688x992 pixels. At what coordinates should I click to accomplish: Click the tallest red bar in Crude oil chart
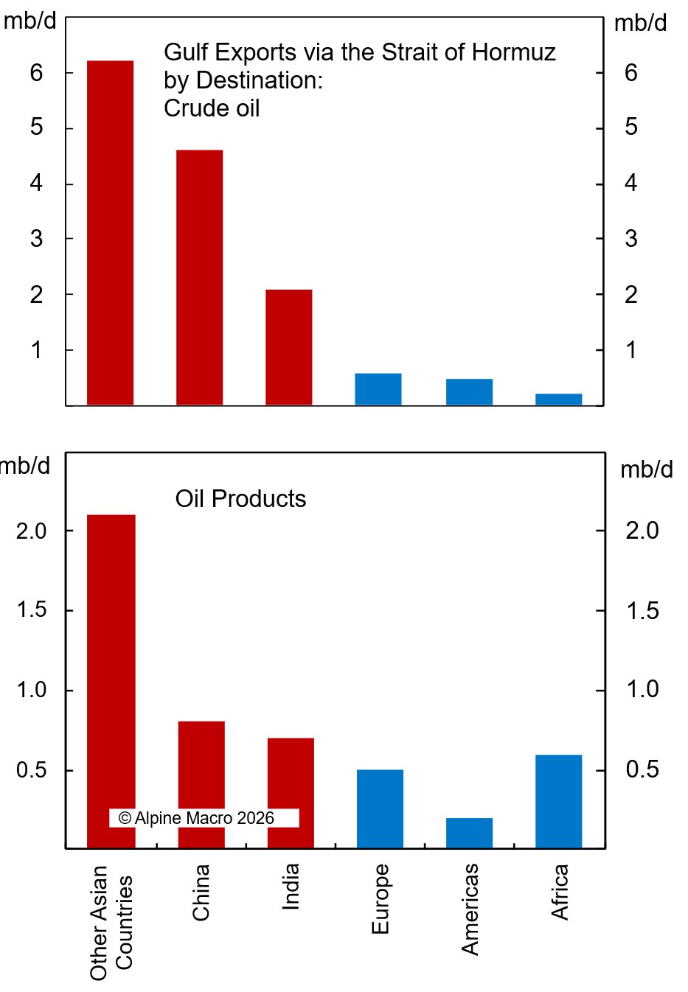click(x=110, y=232)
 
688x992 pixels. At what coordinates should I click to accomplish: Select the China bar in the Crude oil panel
click(x=199, y=277)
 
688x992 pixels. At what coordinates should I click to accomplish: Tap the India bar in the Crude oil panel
click(x=288, y=347)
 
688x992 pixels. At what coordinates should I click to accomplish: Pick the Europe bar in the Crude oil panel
click(x=378, y=389)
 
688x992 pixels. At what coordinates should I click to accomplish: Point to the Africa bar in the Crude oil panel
click(x=558, y=399)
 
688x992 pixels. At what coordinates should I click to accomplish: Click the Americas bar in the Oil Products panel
click(x=469, y=833)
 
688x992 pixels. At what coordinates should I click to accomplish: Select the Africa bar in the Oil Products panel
click(x=558, y=801)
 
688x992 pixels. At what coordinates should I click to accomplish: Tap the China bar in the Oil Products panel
click(x=201, y=784)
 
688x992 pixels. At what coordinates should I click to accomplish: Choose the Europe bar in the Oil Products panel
click(x=380, y=808)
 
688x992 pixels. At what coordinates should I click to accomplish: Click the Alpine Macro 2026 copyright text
click(x=196, y=818)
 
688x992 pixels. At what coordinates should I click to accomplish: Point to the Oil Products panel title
click(x=240, y=499)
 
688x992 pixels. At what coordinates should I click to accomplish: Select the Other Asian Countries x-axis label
click(x=111, y=923)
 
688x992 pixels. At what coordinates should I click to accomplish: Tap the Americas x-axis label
click(x=470, y=909)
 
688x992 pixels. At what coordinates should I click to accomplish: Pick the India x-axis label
click(x=291, y=887)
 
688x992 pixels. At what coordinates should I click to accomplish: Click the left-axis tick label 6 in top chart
click(x=37, y=73)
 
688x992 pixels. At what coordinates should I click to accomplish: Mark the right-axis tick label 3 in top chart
click(x=631, y=239)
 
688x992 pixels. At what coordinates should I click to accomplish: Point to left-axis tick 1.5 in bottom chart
click(x=31, y=610)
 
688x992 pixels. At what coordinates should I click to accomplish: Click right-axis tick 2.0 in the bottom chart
click(x=642, y=531)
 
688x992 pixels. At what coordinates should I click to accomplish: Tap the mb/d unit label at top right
click(x=640, y=24)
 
